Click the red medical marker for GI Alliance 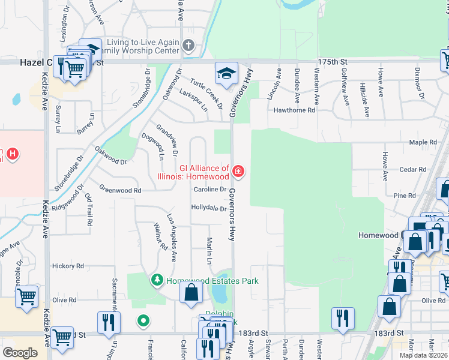coord(238,172)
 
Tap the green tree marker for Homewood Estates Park coord(157,280)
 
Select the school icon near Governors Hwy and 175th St coord(226,74)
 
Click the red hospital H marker coord(11,155)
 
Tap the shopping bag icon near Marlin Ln coord(191,293)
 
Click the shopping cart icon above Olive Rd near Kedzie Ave coord(27,297)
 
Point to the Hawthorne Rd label coord(294,110)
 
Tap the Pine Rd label coord(405,196)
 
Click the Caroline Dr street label coord(209,190)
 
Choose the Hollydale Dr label coord(208,208)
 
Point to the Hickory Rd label coord(67,265)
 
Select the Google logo coord(20,353)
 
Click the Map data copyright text coord(423,355)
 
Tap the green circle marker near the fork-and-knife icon coord(143,321)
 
